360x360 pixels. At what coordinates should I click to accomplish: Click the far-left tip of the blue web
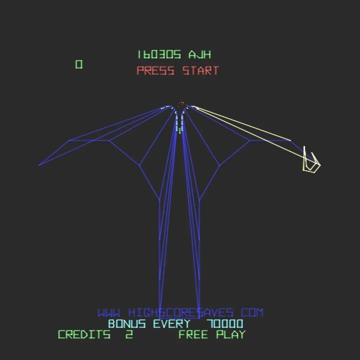(x=39, y=165)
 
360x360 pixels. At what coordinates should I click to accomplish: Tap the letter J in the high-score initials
(x=199, y=54)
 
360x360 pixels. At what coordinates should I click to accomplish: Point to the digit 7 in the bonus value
(x=210, y=324)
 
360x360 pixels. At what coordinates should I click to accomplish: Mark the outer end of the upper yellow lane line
(x=290, y=140)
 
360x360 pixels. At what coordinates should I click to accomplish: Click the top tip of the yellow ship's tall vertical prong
(x=304, y=146)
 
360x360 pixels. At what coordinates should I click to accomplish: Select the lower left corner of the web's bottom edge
(x=159, y=318)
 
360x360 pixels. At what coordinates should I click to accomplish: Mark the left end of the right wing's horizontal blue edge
(x=250, y=140)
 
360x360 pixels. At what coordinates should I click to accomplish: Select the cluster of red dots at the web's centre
(x=182, y=104)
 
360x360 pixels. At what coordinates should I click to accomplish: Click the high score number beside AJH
(x=159, y=54)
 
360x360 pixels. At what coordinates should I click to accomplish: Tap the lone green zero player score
(x=79, y=64)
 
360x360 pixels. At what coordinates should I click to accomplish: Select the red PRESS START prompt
(x=178, y=70)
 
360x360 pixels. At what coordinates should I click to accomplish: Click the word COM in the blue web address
(x=252, y=313)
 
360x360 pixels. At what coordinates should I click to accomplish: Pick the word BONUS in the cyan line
(x=127, y=324)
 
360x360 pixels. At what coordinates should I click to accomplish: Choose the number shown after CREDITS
(x=129, y=335)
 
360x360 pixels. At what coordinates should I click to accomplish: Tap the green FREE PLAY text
(x=212, y=335)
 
